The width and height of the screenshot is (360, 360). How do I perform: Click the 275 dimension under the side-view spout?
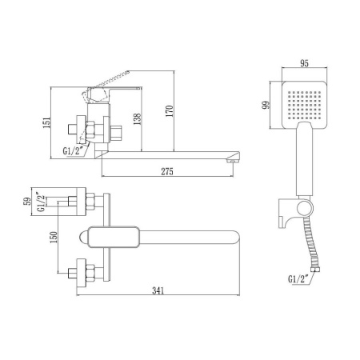[166, 171]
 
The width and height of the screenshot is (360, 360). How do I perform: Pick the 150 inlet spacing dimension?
[52, 239]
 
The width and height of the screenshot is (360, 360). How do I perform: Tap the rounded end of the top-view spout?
[235, 238]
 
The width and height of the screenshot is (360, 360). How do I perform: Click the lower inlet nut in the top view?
[85, 272]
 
